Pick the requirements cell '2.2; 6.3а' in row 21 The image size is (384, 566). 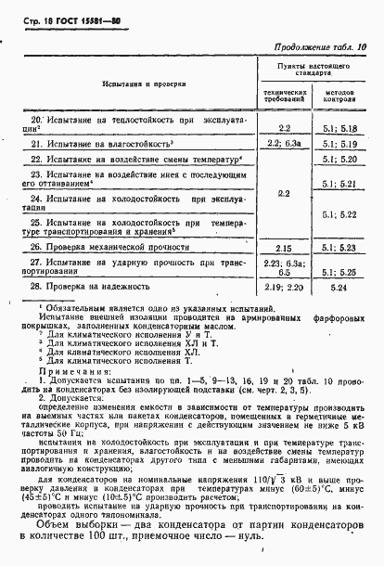284,145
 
